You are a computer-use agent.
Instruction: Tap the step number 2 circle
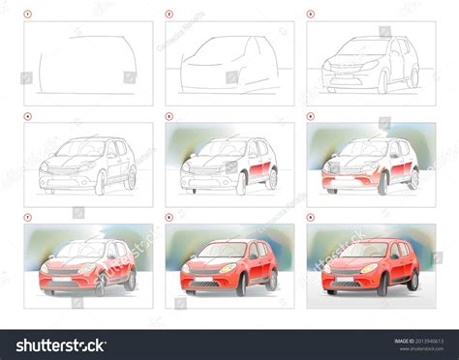point(168,15)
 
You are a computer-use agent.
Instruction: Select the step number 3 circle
point(310,15)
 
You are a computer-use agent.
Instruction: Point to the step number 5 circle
point(168,117)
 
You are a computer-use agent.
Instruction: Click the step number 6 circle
point(310,117)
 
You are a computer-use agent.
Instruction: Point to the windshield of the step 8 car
point(219,251)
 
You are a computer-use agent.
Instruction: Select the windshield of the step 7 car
point(77,251)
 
